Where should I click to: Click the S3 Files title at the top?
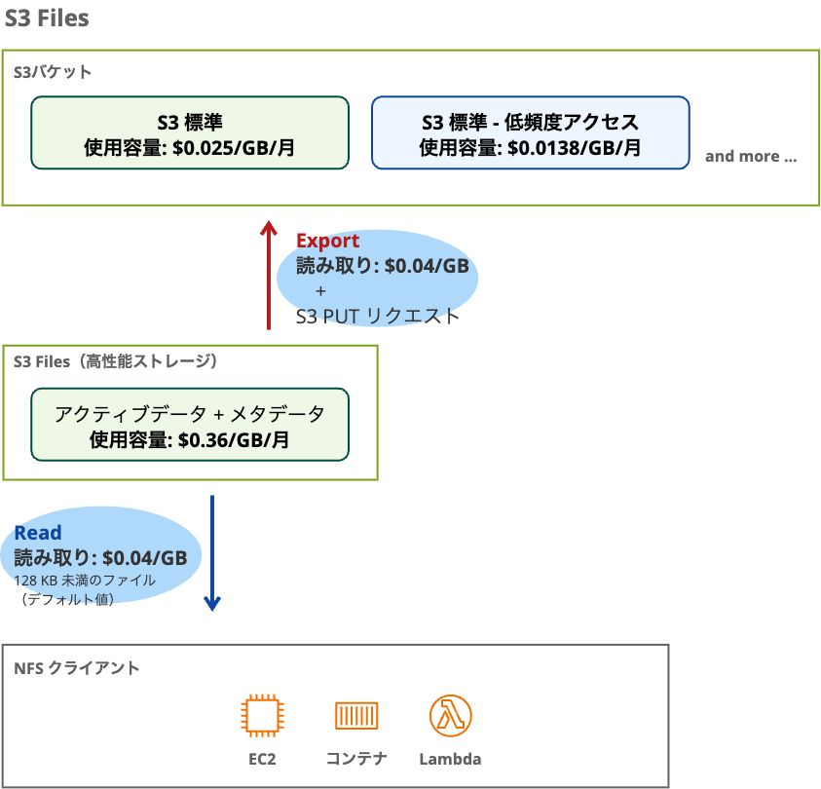click(x=48, y=18)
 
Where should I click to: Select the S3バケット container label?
click(x=54, y=72)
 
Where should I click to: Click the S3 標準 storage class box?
click(x=190, y=132)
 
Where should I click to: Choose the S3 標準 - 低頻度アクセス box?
click(x=531, y=132)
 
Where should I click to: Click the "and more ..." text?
click(x=750, y=156)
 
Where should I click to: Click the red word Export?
click(x=327, y=241)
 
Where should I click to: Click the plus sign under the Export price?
click(x=321, y=291)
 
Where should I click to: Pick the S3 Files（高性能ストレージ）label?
click(x=115, y=361)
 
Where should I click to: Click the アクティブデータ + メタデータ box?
click(x=190, y=425)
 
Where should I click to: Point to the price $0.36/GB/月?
click(x=234, y=439)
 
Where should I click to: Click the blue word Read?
click(x=38, y=533)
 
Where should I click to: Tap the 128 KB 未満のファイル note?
click(x=84, y=580)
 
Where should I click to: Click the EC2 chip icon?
click(x=262, y=716)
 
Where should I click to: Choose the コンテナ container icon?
click(x=356, y=716)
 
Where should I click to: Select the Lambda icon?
click(x=450, y=716)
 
